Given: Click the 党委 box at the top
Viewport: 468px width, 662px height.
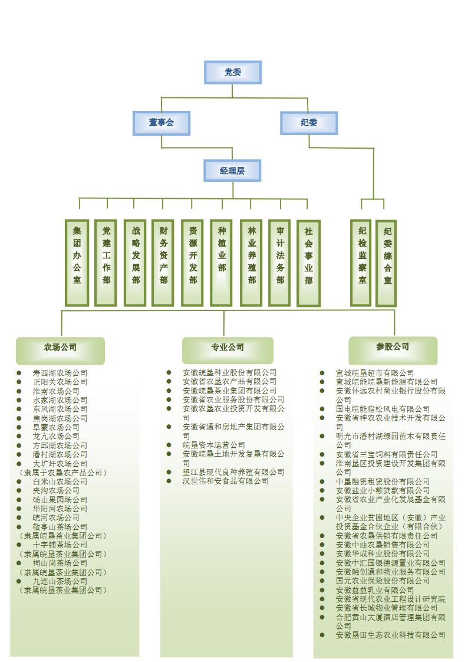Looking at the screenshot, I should coord(233,73).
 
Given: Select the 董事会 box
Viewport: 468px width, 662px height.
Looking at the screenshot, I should coord(162,123).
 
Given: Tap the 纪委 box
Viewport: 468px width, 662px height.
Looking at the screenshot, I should coord(308,123).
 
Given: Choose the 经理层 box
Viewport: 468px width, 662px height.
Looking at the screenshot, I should coord(232,171).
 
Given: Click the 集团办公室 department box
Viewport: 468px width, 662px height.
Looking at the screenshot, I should coord(77,263).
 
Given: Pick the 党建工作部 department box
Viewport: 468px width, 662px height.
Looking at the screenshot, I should coord(106,263).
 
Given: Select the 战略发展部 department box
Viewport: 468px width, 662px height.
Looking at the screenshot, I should coord(135,263).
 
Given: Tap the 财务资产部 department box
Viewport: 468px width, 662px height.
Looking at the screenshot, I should coord(163,263).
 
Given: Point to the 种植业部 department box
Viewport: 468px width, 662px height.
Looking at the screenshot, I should coord(222,263).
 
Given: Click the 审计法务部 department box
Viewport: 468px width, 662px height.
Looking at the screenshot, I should coord(279,263).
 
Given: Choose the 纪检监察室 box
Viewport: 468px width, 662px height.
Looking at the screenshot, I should coord(362,263).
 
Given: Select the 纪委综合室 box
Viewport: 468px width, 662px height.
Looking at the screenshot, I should coord(387,263).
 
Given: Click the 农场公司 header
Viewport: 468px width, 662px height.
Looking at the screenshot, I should coord(60,348).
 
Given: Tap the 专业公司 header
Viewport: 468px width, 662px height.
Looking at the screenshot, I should coord(228,348).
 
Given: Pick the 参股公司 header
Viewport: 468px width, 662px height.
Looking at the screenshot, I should coord(393,347).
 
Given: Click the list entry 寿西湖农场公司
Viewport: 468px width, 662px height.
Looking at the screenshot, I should coord(60,373).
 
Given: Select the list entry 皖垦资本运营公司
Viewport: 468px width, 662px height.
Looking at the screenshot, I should coord(213,445).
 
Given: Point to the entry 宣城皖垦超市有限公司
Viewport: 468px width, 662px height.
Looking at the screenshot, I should coord(374,373).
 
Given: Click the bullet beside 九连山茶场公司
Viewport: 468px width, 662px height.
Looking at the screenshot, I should coord(19,581).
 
